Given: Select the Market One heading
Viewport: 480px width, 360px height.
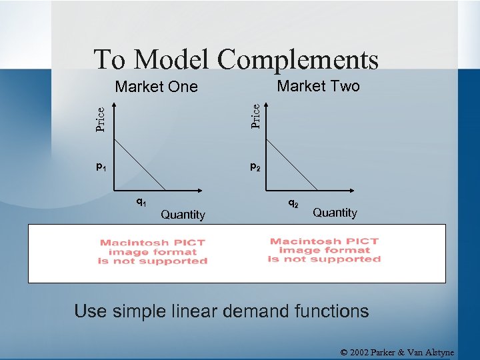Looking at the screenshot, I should pos(157,87).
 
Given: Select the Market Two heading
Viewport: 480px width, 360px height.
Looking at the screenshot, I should pos(318,86).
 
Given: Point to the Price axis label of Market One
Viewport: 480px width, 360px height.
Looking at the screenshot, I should pos(100,119).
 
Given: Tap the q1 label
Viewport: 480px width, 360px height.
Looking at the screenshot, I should pos(141,201).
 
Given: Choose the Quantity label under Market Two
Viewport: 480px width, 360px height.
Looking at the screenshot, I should pos(335,213).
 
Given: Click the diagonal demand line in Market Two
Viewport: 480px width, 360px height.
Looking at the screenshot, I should pos(292,164).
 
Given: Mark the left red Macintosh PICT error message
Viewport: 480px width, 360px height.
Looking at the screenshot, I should pos(153,252).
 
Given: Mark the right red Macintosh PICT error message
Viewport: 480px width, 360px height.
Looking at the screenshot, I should pos(324,251).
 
